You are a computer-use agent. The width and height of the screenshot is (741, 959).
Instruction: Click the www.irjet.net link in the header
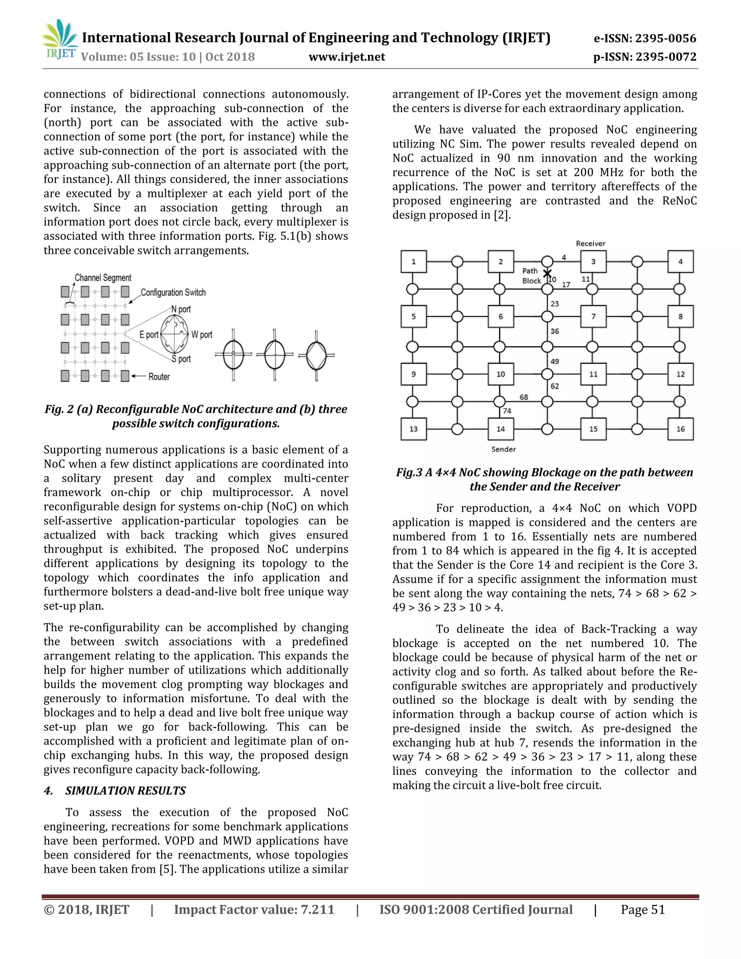346,57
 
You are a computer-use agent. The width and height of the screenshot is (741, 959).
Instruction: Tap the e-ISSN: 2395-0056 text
644,38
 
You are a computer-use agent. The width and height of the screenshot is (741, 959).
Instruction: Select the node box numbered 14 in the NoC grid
500,429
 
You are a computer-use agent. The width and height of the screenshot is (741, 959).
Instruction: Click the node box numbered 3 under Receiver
593,262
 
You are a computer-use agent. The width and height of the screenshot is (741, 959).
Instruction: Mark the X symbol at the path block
547,274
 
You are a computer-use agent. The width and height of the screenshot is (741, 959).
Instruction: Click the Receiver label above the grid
590,243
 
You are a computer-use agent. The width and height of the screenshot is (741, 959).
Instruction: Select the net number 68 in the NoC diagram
524,397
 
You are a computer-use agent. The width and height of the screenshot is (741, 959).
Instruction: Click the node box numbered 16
680,429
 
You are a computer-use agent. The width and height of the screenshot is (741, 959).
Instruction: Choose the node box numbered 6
500,317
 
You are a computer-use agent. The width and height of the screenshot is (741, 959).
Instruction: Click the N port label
181,309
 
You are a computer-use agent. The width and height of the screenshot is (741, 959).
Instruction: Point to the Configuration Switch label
173,292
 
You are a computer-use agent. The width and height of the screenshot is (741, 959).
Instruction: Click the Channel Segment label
103,278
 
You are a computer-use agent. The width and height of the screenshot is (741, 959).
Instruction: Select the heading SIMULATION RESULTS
125,791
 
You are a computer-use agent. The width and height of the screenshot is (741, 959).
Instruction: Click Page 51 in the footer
643,909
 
